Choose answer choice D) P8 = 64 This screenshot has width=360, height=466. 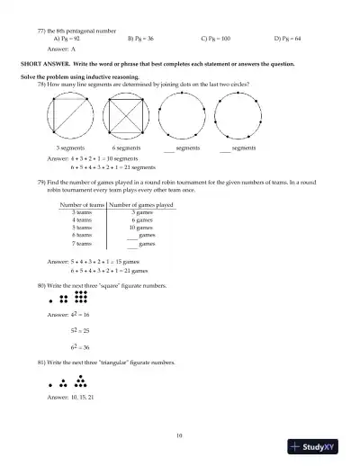(x=291, y=40)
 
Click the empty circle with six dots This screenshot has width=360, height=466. (x=238, y=114)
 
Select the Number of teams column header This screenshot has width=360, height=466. (x=82, y=204)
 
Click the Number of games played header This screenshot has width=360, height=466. (x=141, y=204)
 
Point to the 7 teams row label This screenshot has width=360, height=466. (x=82, y=243)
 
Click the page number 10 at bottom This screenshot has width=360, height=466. (x=180, y=436)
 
